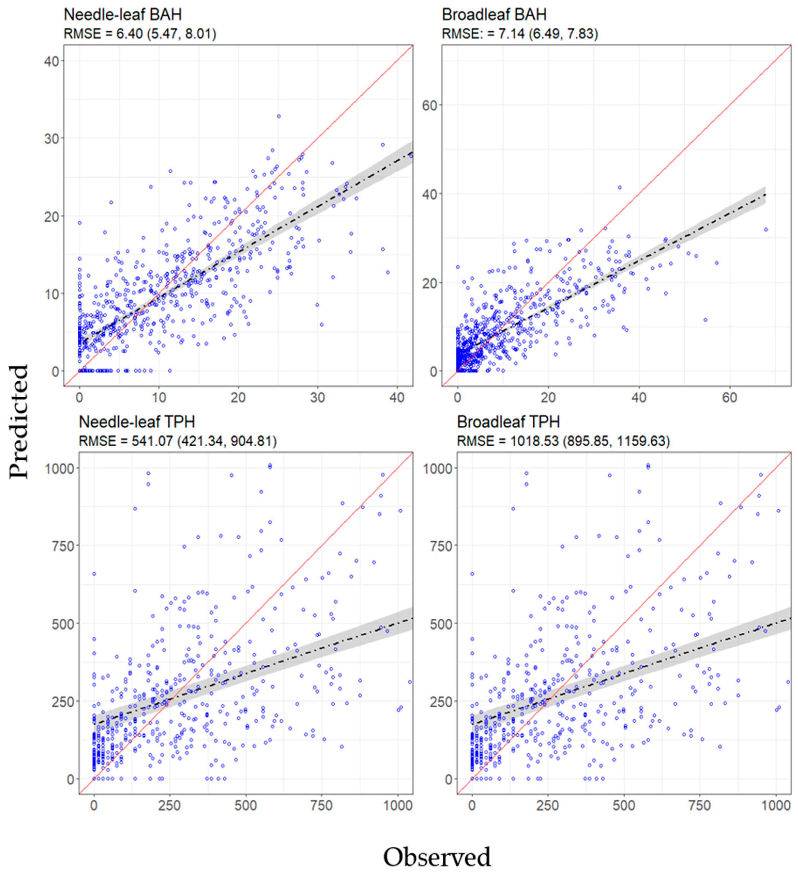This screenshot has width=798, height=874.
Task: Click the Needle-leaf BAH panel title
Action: (123, 15)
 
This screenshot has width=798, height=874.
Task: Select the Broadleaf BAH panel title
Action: (494, 15)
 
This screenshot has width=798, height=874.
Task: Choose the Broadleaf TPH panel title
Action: (509, 422)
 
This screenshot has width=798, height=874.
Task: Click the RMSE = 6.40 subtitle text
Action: (140, 33)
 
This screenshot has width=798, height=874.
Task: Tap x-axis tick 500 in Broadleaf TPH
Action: (624, 806)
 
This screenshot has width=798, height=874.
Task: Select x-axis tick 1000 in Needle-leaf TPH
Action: (398, 806)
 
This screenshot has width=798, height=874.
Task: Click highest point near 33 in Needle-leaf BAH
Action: (279, 116)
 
